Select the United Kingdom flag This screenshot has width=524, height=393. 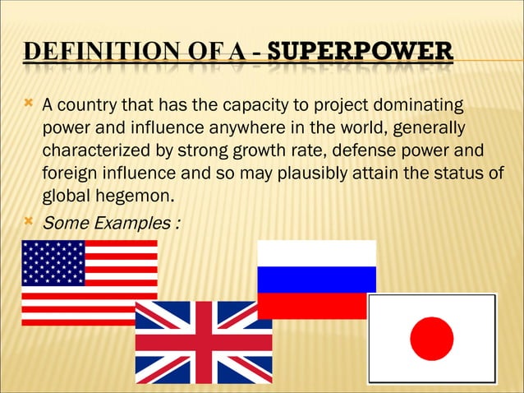pyautogui.click(x=203, y=341)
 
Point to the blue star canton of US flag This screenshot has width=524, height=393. pyautogui.click(x=53, y=262)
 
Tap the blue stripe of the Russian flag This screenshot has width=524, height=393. pyautogui.click(x=316, y=280)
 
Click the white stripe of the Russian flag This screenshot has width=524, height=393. pyautogui.click(x=316, y=252)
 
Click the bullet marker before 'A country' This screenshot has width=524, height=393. pyautogui.click(x=28, y=104)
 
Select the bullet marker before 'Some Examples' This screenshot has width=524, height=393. pyautogui.click(x=28, y=221)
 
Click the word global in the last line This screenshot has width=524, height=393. pyautogui.click(x=64, y=196)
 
